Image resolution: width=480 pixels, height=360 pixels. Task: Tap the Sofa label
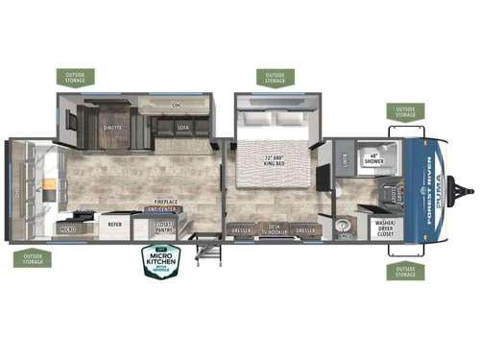[182, 125]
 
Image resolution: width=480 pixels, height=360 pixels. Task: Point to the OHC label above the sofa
[176, 104]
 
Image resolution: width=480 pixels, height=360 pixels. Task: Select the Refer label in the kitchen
[115, 224]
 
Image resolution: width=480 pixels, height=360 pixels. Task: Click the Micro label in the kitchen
[69, 230]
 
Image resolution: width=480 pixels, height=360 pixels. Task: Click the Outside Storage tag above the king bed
[276, 76]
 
